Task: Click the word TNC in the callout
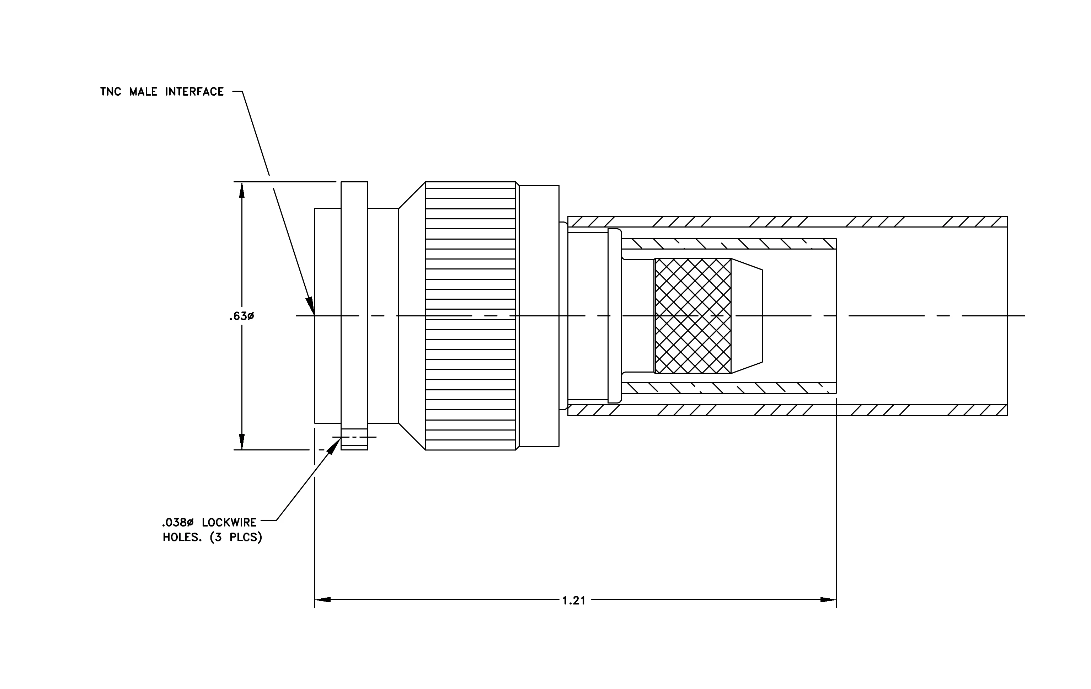click(111, 92)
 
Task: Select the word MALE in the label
click(143, 92)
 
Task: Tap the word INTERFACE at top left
click(194, 92)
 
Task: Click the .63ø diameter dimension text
click(241, 316)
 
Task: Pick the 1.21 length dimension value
click(574, 601)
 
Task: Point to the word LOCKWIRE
click(229, 522)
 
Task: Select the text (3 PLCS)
click(236, 538)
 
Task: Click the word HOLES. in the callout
click(182, 538)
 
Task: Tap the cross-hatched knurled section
click(693, 316)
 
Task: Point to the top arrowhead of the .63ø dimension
click(242, 190)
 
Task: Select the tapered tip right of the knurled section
click(747, 316)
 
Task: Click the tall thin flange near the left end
click(354, 316)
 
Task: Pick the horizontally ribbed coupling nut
click(470, 316)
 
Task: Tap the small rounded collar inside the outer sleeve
click(615, 316)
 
